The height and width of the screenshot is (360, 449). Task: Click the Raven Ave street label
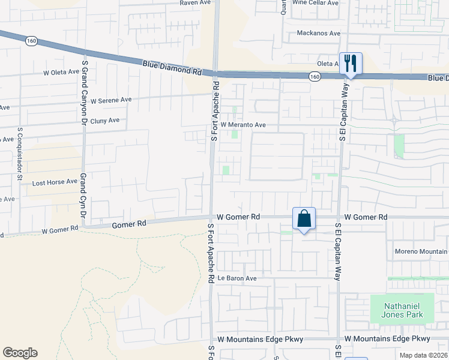click(x=196, y=3)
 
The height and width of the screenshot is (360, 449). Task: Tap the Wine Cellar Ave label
click(x=315, y=3)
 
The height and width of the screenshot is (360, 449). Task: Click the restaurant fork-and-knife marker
click(x=350, y=63)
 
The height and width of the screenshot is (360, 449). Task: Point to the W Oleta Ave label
click(x=61, y=72)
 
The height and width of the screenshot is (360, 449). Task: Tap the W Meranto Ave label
click(x=243, y=125)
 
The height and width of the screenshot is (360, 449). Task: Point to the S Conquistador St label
click(x=20, y=154)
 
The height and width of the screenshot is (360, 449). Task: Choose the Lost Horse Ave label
click(x=55, y=182)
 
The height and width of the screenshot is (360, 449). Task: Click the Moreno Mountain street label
click(x=420, y=251)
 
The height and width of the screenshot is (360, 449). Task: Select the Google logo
click(x=20, y=353)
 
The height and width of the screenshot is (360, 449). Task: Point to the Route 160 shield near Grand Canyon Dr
click(x=31, y=41)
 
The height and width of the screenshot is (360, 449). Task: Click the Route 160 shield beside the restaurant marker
click(x=315, y=77)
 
